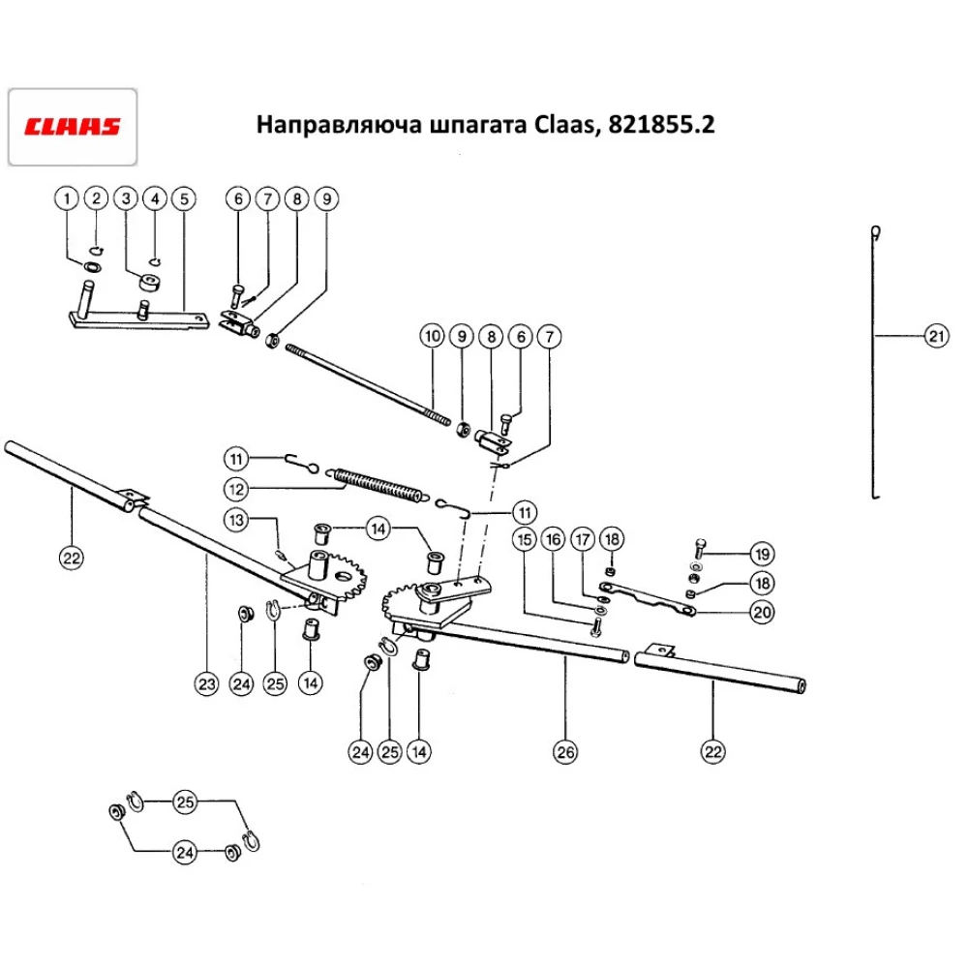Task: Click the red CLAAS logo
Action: [x=73, y=127]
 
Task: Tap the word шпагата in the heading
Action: [x=474, y=126]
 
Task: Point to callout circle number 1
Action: [x=67, y=198]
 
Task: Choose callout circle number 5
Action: [x=184, y=198]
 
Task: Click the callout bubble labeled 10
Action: [x=432, y=337]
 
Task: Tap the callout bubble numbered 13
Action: [x=237, y=519]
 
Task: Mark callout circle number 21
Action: [x=934, y=337]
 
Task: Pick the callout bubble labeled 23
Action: [x=205, y=683]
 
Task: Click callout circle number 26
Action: [x=565, y=750]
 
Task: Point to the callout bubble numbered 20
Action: [x=761, y=612]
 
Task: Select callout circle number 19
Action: [x=761, y=555]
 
